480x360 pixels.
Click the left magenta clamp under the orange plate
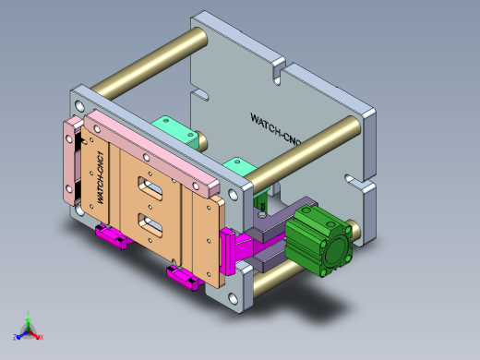tap(113, 237)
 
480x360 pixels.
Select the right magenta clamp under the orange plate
tap(183, 276)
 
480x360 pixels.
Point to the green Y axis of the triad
tap(29, 317)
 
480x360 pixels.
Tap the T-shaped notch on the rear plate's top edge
tap(280, 69)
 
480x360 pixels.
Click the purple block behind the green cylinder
tap(270, 224)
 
